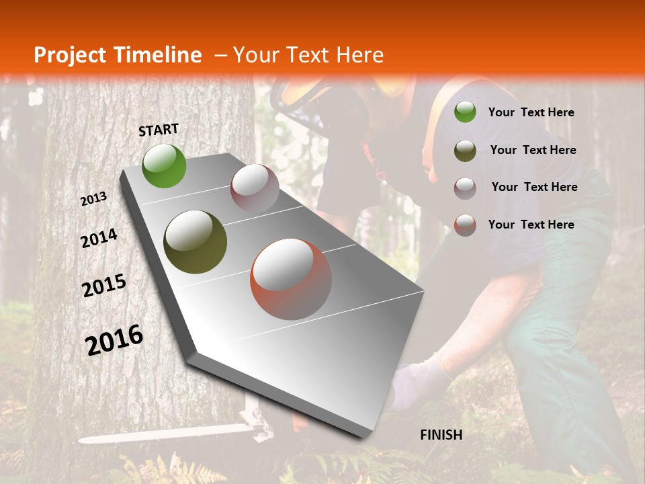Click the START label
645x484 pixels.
pos(159,130)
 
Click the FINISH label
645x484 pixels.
pos(441,435)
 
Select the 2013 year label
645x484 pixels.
pos(93,199)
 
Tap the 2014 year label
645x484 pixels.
pos(99,239)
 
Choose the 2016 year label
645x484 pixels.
pos(114,339)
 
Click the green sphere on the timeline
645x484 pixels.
pos(164,165)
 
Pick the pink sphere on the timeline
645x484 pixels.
pos(255,188)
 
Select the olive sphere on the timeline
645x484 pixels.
pos(195,241)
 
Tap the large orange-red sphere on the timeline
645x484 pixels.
pos(291,278)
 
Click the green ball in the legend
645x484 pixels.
pos(465,112)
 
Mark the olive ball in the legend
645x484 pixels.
pos(465,150)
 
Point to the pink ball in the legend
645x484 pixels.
pos(465,188)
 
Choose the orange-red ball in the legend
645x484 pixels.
pos(465,225)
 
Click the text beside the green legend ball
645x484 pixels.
pos(531,112)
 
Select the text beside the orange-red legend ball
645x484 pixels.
pos(531,225)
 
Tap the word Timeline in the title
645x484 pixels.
pos(159,55)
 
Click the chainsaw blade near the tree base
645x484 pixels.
pos(161,434)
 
